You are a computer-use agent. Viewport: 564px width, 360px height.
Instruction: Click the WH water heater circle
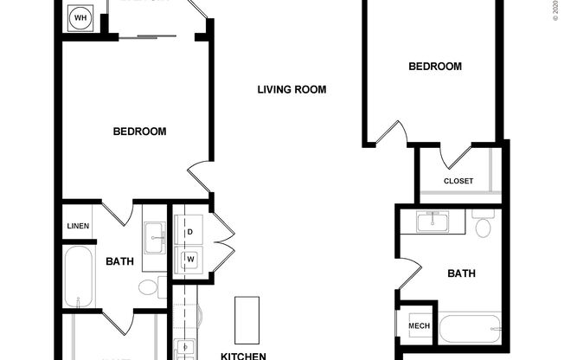click(80, 17)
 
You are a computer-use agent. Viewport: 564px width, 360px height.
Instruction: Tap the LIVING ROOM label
click(296, 90)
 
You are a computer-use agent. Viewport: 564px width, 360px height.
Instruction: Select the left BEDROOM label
click(139, 132)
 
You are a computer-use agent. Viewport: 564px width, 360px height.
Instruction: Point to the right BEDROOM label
click(435, 67)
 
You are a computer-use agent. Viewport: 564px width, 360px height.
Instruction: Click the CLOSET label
click(458, 181)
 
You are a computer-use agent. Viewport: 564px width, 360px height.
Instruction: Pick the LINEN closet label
click(78, 226)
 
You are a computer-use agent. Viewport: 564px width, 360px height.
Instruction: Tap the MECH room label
click(419, 325)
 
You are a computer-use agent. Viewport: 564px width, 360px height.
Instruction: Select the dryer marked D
click(189, 231)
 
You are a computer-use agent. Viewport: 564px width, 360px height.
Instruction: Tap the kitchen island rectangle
click(247, 318)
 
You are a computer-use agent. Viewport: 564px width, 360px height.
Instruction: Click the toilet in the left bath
click(150, 287)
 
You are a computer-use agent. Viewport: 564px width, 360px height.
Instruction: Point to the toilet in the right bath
click(483, 228)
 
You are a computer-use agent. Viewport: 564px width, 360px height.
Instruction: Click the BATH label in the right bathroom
click(461, 274)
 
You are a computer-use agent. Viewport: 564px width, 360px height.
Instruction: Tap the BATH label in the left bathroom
click(119, 261)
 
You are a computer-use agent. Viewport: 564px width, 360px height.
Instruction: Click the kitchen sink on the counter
click(187, 350)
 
